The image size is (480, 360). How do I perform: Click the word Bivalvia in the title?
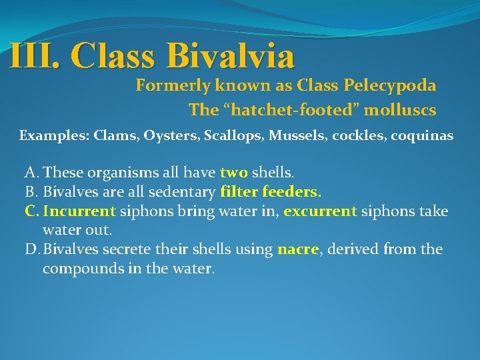click(x=228, y=56)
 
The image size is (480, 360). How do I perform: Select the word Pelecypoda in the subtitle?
click(x=390, y=85)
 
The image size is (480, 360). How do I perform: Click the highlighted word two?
click(x=234, y=173)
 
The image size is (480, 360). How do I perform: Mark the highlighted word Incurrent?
click(x=79, y=211)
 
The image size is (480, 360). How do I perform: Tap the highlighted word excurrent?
click(x=321, y=211)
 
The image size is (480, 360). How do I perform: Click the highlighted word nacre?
click(x=297, y=250)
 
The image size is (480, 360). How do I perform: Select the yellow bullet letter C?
click(x=31, y=211)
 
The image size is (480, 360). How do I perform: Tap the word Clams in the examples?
click(x=113, y=136)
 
